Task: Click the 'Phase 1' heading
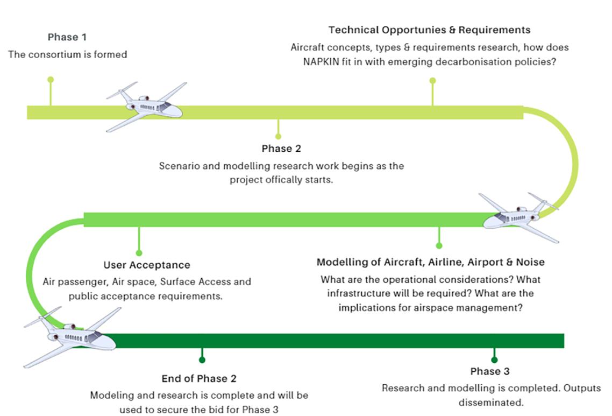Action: (x=67, y=37)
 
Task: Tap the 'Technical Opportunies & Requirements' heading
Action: (x=429, y=30)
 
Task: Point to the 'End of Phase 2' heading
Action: (x=199, y=379)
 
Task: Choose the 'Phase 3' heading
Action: (x=490, y=371)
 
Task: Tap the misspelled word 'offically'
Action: (x=290, y=180)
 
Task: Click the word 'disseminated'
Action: (x=491, y=402)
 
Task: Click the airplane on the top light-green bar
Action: (x=148, y=106)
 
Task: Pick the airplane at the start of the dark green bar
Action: (x=73, y=336)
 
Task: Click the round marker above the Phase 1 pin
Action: (x=51, y=80)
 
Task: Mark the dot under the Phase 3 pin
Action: (x=494, y=359)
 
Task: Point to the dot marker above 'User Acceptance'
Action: (x=139, y=252)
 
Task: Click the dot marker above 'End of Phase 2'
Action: (x=202, y=359)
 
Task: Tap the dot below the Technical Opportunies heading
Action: (x=432, y=81)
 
